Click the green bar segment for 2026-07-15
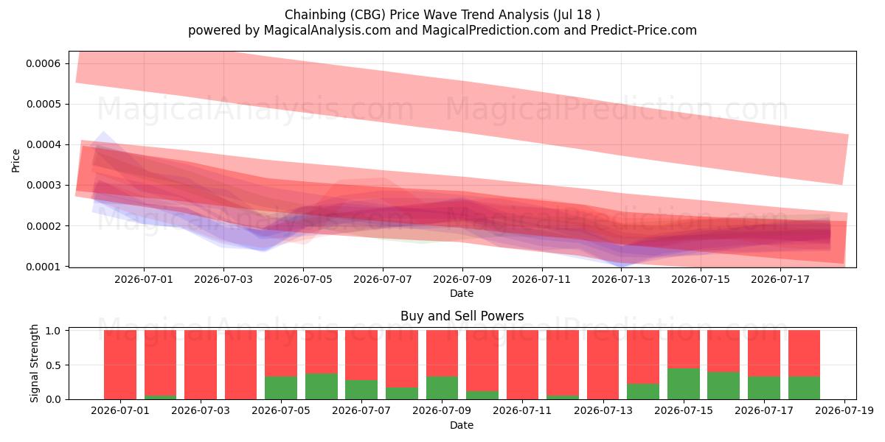click(684, 384)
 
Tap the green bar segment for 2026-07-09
click(442, 387)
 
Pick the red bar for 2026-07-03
click(201, 365)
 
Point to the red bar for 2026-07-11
click(522, 365)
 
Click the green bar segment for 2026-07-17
click(764, 387)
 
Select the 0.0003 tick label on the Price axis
click(44, 185)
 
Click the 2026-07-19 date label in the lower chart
click(844, 410)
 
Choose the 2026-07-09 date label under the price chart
click(462, 279)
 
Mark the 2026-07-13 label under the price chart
click(621, 279)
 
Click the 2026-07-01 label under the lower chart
click(120, 410)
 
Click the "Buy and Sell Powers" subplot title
click(462, 316)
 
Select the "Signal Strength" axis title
click(35, 363)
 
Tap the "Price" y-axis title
click(15, 161)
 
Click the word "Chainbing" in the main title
click(316, 15)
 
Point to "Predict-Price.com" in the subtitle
click(644, 30)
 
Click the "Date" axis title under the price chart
click(462, 293)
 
